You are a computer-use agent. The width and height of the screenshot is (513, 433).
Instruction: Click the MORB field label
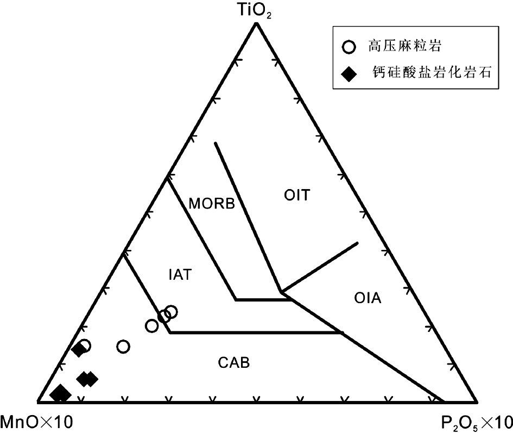pyautogui.click(x=212, y=204)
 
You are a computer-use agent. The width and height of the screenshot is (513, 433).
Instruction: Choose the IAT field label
pyautogui.click(x=180, y=274)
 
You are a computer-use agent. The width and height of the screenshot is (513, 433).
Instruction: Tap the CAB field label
pyautogui.click(x=234, y=362)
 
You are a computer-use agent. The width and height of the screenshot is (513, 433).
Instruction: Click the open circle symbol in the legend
pyautogui.click(x=350, y=47)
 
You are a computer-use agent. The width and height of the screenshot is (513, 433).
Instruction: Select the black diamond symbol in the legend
pyautogui.click(x=350, y=73)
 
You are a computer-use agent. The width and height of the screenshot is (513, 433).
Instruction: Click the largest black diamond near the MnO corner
pyautogui.click(x=60, y=393)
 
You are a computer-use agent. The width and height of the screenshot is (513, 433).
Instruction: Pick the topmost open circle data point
pyautogui.click(x=171, y=312)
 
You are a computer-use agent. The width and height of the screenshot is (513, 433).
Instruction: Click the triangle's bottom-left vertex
pyautogui.click(x=37, y=402)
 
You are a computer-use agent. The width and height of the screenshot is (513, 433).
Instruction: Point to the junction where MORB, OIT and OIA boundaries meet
pyautogui.click(x=281, y=292)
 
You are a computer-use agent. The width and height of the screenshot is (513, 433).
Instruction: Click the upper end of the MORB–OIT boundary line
pyautogui.click(x=215, y=143)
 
